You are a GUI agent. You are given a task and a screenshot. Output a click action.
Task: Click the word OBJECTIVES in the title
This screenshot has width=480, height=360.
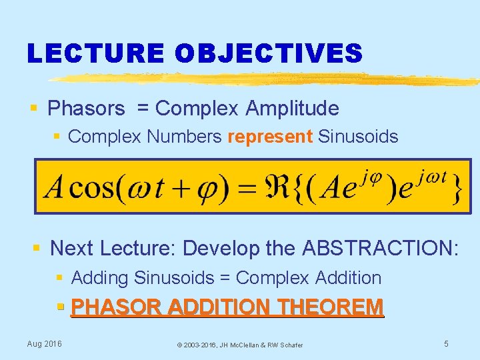269,53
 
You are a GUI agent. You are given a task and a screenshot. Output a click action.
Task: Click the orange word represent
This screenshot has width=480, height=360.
270,137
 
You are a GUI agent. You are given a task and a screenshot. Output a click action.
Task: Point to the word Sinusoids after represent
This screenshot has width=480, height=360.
358,137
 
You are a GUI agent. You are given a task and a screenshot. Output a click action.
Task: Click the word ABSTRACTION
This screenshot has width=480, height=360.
381,249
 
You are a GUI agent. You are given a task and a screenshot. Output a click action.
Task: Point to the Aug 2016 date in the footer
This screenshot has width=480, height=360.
44,343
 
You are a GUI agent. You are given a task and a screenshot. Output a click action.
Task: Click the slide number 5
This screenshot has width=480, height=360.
447,343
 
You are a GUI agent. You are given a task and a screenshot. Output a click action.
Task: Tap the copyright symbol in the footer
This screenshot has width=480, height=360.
179,345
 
